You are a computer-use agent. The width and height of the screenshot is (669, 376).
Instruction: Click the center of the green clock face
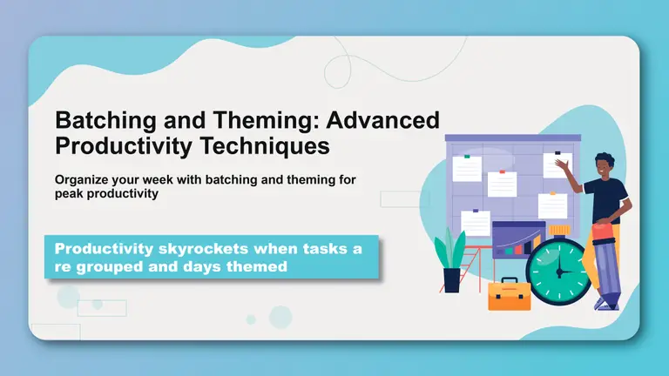[557, 271]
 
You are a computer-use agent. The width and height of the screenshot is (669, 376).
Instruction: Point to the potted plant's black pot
[451, 280]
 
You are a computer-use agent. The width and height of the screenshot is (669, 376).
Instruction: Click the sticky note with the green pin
[466, 168]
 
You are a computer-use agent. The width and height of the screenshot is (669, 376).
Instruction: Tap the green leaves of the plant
[450, 249]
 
